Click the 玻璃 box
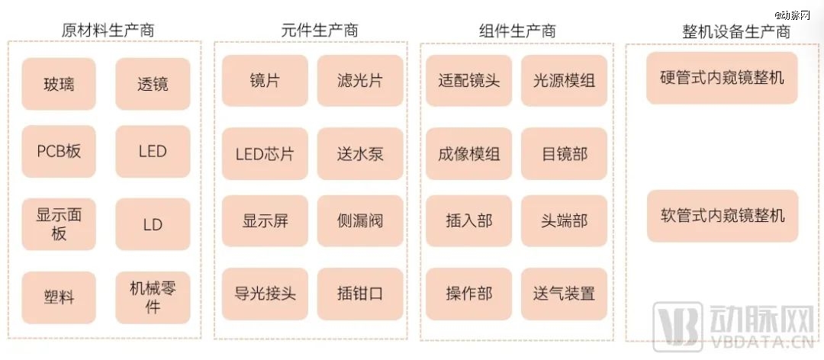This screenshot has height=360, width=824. (x=59, y=84)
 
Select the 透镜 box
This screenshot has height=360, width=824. (x=153, y=84)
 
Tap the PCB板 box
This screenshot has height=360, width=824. (x=59, y=151)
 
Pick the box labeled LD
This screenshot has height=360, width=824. (x=153, y=224)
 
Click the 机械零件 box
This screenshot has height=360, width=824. (x=153, y=297)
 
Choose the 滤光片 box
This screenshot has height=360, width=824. (x=360, y=80)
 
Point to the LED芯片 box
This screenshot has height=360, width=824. (x=265, y=153)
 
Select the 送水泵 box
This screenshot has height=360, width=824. (x=360, y=153)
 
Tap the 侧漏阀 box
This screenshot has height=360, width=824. (x=360, y=220)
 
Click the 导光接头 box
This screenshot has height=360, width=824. (x=265, y=294)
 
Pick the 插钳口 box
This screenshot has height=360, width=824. (x=360, y=294)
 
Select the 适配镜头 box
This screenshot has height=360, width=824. (x=468, y=80)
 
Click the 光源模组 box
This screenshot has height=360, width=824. (x=564, y=80)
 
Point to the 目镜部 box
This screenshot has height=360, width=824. (x=564, y=153)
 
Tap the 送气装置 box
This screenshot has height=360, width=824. (x=564, y=294)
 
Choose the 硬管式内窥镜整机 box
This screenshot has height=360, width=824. (x=722, y=78)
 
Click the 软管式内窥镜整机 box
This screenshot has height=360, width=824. (x=722, y=216)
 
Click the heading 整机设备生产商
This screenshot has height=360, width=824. (x=736, y=31)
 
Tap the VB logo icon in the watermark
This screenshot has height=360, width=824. (x=678, y=326)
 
